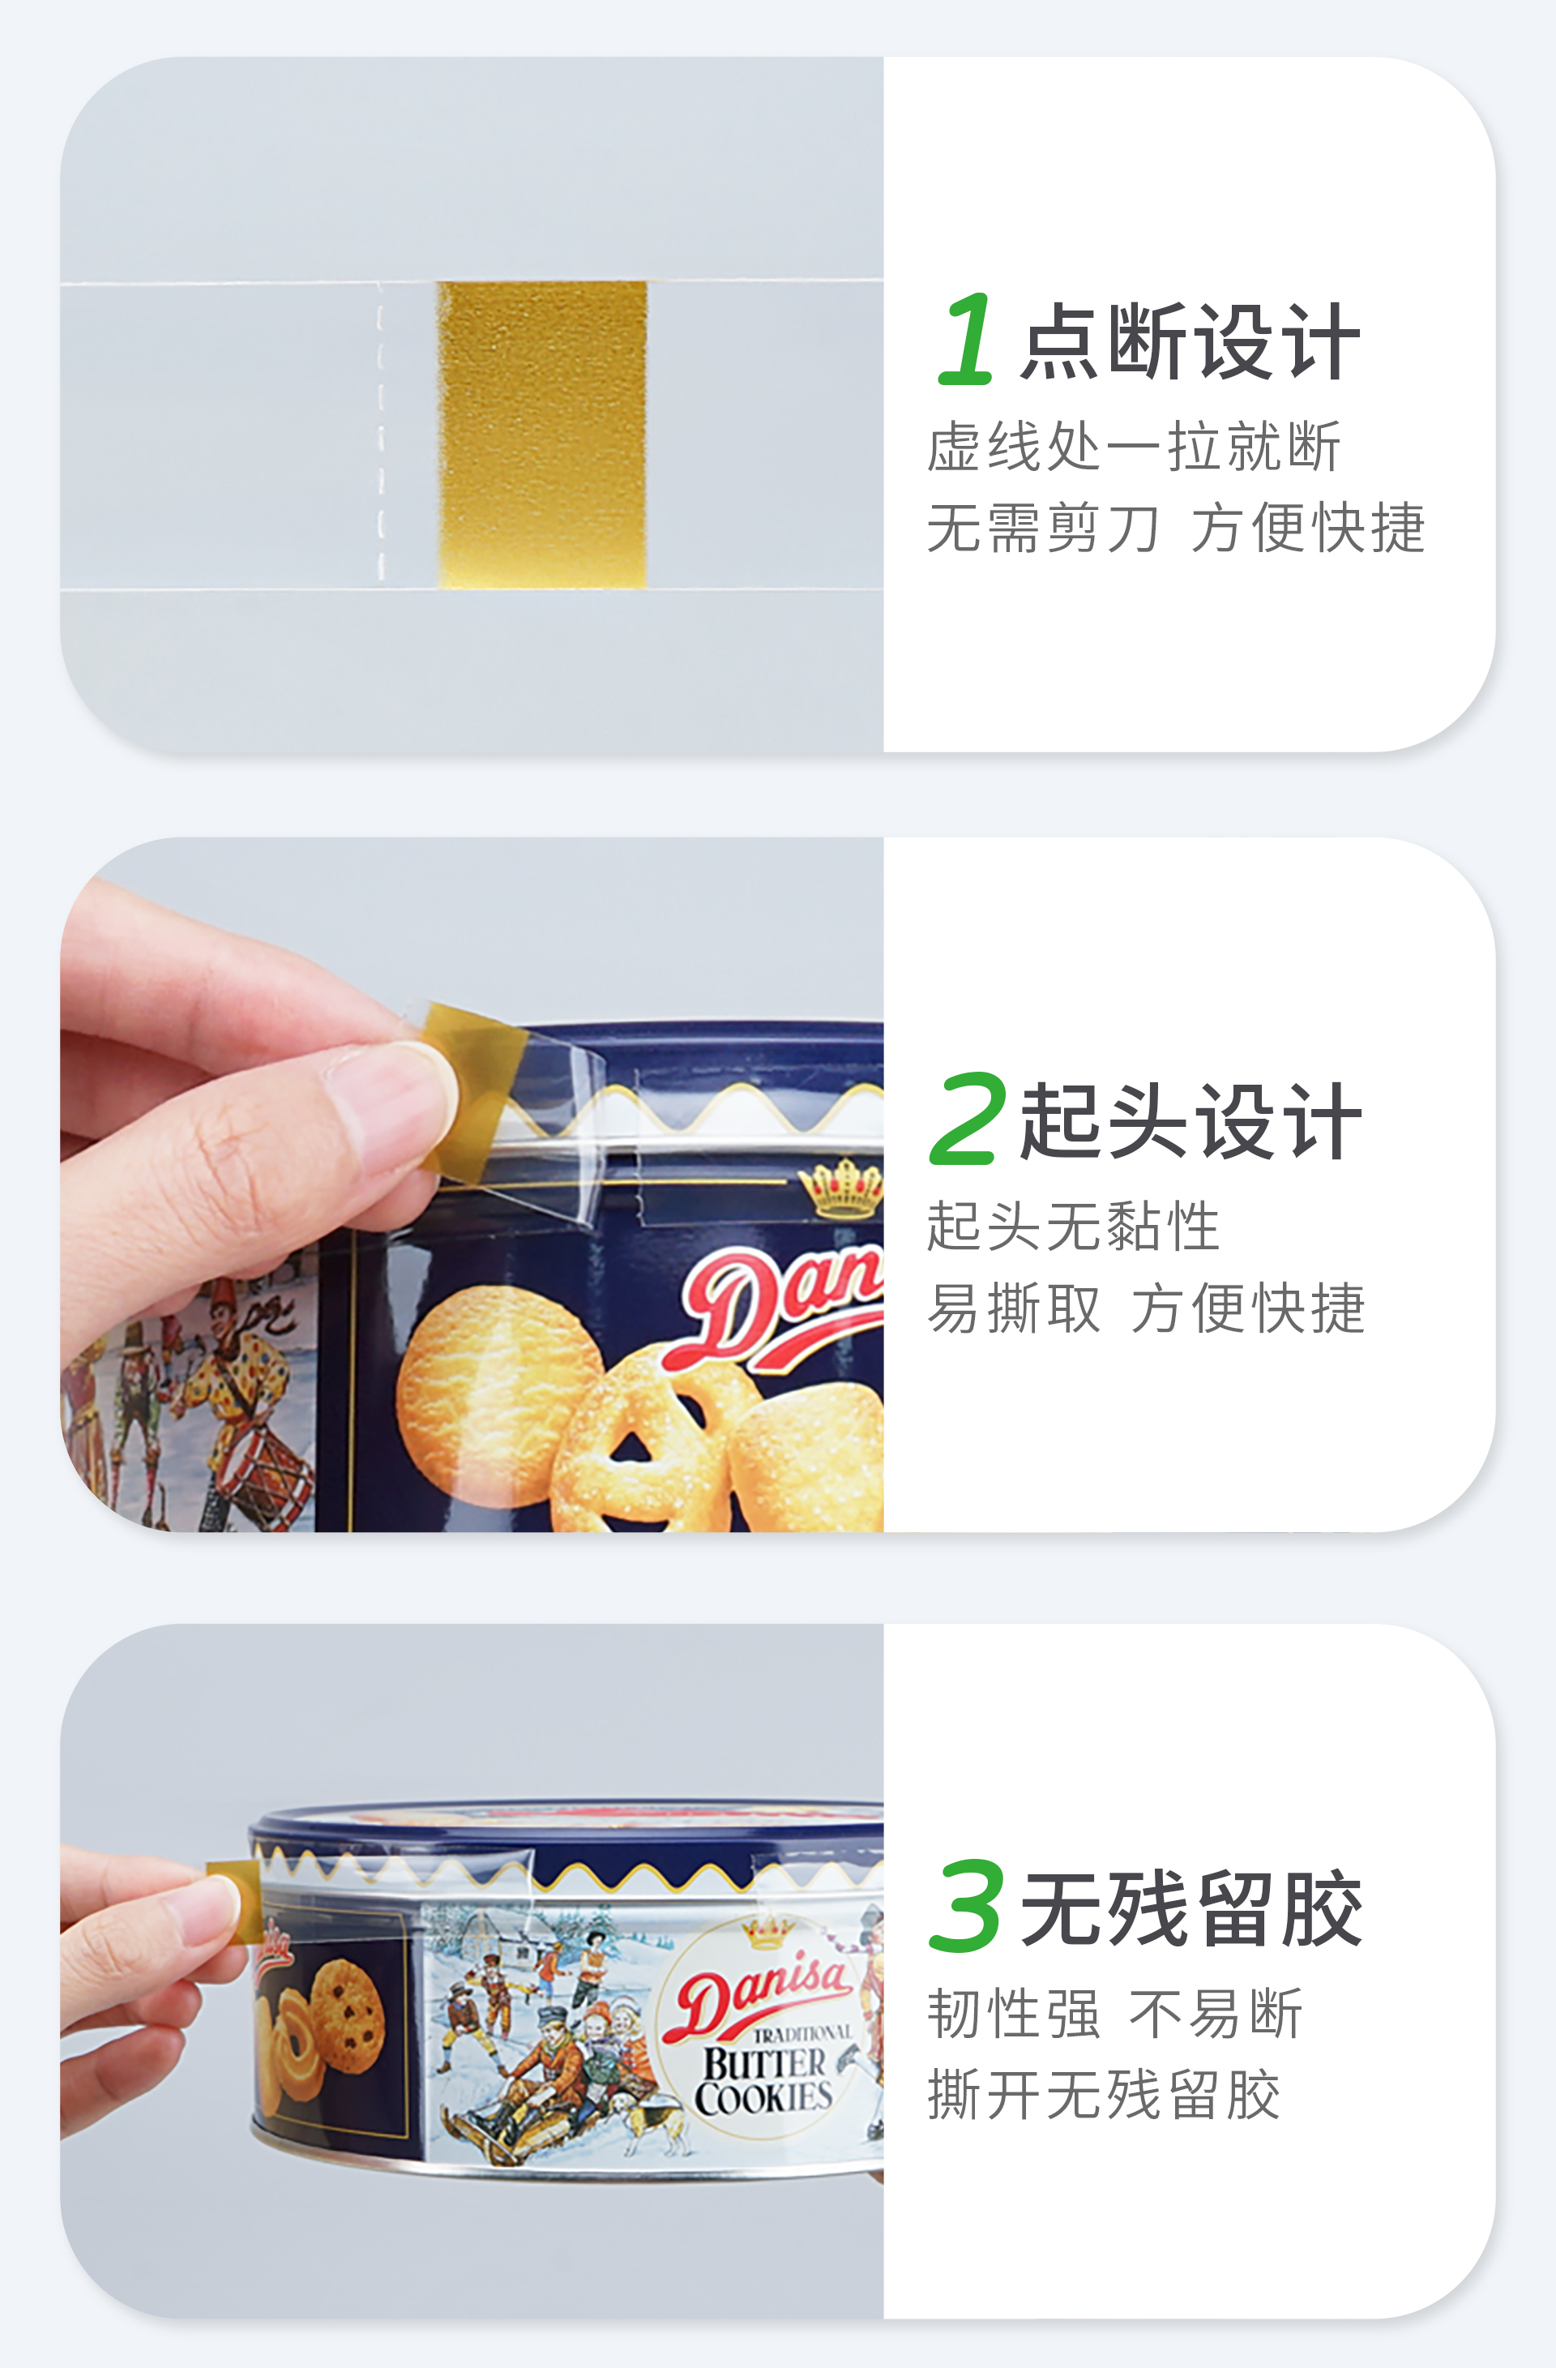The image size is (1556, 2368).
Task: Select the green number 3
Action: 965,1904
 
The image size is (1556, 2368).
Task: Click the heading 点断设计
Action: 1191,341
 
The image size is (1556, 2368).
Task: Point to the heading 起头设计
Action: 1191,1121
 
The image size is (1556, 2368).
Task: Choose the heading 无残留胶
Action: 1191,1908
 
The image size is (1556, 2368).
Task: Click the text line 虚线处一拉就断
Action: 1134,446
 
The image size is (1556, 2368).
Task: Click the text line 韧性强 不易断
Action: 1114,2014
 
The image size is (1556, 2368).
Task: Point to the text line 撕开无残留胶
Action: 1103,2096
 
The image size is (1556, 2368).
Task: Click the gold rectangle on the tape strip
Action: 542,435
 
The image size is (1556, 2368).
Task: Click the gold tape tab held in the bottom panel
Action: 236,1900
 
